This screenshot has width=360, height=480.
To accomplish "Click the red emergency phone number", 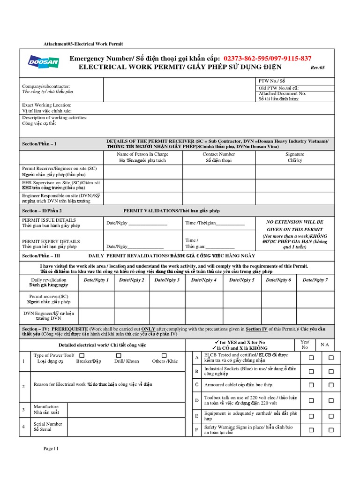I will tap(268, 58).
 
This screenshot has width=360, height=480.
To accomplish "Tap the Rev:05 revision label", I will tap(317, 67).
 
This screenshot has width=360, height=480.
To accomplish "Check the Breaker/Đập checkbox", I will tap(119, 355).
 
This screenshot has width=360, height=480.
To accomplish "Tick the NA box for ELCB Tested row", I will tap(331, 358).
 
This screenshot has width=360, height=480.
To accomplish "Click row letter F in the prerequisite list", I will tap(196, 429).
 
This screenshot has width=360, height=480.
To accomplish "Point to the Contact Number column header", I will tap(218, 154).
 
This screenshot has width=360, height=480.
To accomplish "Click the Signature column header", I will tap(294, 154).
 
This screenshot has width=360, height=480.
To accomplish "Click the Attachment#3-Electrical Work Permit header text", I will tap(83, 44).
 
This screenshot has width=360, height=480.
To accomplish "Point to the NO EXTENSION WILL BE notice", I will tap(294, 221).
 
